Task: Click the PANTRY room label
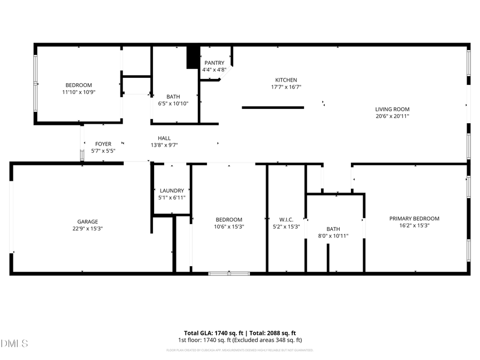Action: click(214, 63)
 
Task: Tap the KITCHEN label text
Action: click(286, 80)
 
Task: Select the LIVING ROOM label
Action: click(392, 109)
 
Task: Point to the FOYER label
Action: click(103, 144)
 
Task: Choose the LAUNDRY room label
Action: click(172, 190)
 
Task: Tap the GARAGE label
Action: click(87, 222)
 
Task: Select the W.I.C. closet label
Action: click(286, 219)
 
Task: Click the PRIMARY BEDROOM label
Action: click(414, 219)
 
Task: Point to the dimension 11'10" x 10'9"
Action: click(78, 92)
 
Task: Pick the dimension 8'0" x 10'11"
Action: click(333, 236)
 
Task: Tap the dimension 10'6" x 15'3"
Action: click(229, 226)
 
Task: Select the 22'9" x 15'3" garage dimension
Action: click(87, 229)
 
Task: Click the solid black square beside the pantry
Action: click(193, 58)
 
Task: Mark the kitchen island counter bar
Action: click(273, 108)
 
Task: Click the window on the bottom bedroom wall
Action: click(229, 274)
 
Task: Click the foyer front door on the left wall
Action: click(82, 143)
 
